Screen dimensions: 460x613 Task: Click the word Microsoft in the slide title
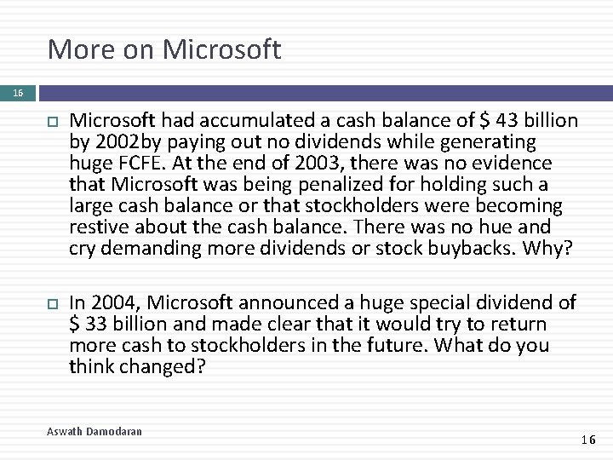click(225, 49)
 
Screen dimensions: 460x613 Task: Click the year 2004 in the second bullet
click(112, 302)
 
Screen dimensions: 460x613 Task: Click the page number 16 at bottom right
click(587, 440)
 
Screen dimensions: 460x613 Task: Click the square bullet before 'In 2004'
click(49, 303)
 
